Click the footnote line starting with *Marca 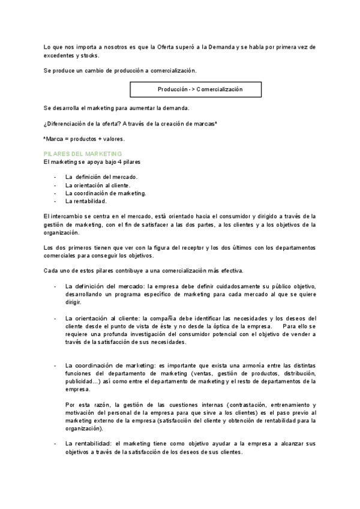coord(84,139)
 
